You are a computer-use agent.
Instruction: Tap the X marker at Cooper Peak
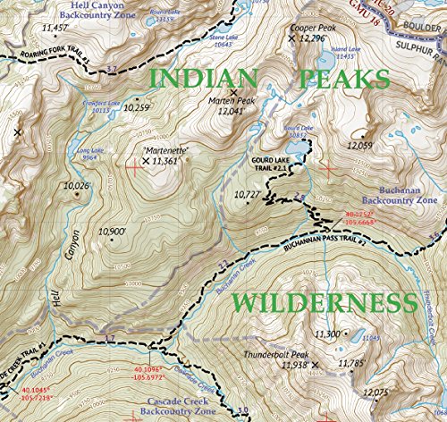click(294, 39)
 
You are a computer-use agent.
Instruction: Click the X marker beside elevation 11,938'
click(314, 365)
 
